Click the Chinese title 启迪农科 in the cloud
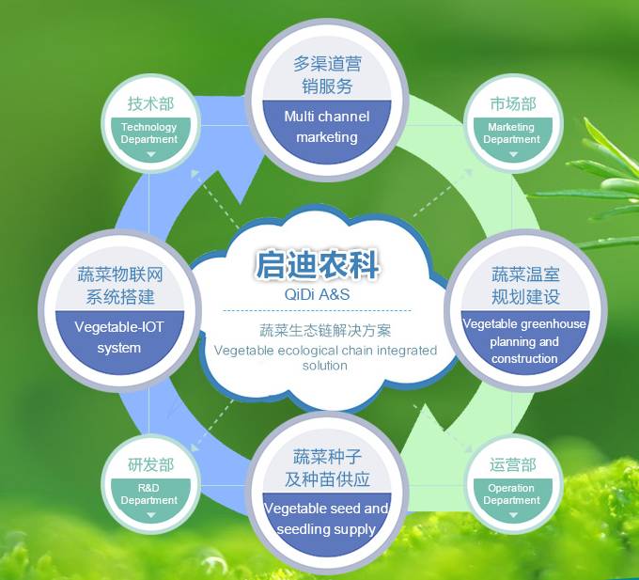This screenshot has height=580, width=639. pyautogui.click(x=318, y=264)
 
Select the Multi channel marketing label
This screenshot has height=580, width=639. pyautogui.click(x=327, y=127)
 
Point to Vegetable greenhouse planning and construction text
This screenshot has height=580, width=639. pyautogui.click(x=524, y=340)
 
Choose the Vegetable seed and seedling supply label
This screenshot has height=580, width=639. pyautogui.click(x=326, y=519)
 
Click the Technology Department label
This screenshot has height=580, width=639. pyautogui.click(x=149, y=133)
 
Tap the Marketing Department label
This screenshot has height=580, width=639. pyautogui.click(x=511, y=133)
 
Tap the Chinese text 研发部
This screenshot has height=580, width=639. pyautogui.click(x=150, y=464)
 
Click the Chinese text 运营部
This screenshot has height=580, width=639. pyautogui.click(x=513, y=464)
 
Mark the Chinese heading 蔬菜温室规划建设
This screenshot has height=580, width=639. pyautogui.click(x=525, y=285)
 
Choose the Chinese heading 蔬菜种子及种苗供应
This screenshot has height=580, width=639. pyautogui.click(x=327, y=467)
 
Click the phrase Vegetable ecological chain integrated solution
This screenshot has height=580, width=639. pyautogui.click(x=325, y=357)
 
